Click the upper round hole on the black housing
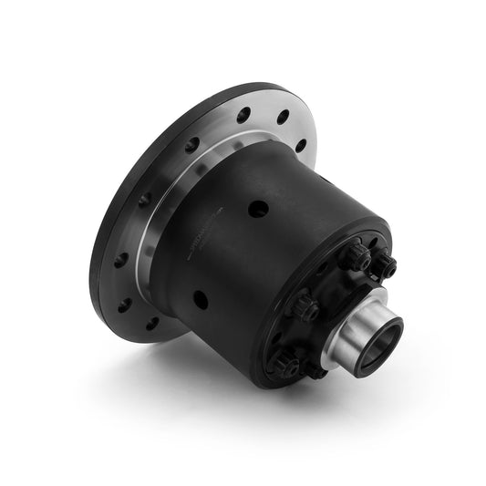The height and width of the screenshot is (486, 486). (259, 208)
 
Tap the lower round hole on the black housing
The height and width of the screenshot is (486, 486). (201, 297)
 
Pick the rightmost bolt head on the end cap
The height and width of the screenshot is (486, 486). (388, 267)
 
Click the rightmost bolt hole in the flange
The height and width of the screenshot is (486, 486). (302, 145)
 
